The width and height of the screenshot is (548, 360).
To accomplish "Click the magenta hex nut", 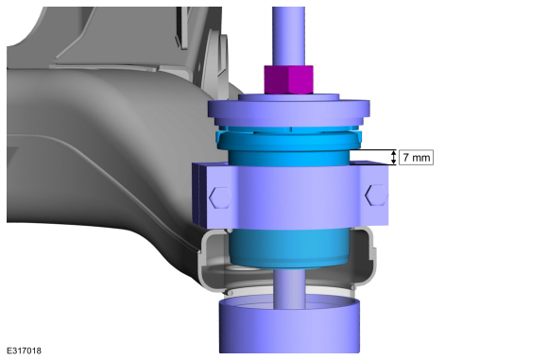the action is pyautogui.click(x=288, y=79).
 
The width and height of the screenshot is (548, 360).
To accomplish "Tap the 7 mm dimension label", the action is pyautogui.click(x=416, y=157).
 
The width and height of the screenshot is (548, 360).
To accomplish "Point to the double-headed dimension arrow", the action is pyautogui.click(x=394, y=157).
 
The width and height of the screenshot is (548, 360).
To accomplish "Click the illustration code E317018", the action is pyautogui.click(x=24, y=351).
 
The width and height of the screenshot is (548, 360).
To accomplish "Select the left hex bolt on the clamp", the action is pyautogui.click(x=220, y=197).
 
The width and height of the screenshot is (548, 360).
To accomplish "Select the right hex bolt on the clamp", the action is pyautogui.click(x=376, y=195).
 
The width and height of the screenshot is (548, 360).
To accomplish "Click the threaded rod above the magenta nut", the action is pyautogui.click(x=288, y=36).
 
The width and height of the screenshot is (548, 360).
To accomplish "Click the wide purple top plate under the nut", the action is pyautogui.click(x=289, y=109).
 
